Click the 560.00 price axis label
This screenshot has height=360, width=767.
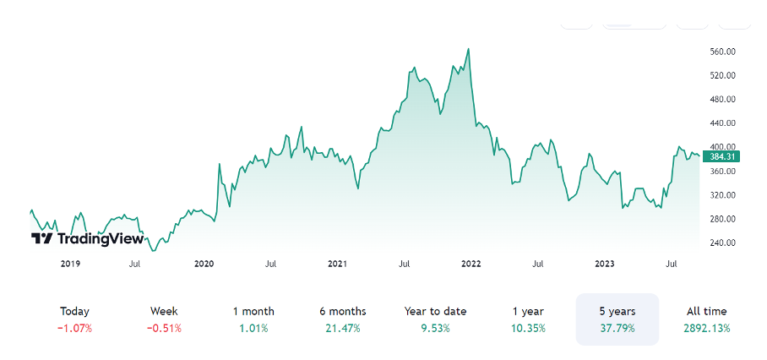click(723, 52)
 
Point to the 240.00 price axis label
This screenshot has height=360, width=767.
click(723, 243)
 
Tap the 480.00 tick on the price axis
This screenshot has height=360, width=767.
click(723, 100)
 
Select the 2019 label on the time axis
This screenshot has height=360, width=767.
click(70, 265)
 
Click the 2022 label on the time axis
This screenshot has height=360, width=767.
click(471, 265)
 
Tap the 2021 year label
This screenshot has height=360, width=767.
click(337, 265)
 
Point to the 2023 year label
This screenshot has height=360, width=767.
click(605, 265)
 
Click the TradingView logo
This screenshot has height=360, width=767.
click(87, 238)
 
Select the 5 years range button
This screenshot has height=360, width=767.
click(617, 319)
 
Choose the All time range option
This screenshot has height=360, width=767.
click(706, 319)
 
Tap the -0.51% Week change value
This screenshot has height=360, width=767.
click(164, 328)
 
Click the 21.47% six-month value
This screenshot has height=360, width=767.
click(343, 328)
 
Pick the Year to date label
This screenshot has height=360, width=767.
click(435, 311)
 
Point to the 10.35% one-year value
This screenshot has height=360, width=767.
click(528, 328)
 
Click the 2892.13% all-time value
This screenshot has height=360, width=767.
click(706, 328)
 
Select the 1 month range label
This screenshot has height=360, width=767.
click(253, 311)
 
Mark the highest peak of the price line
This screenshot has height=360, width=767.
click(469, 49)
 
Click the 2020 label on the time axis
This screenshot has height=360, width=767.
click(204, 265)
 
